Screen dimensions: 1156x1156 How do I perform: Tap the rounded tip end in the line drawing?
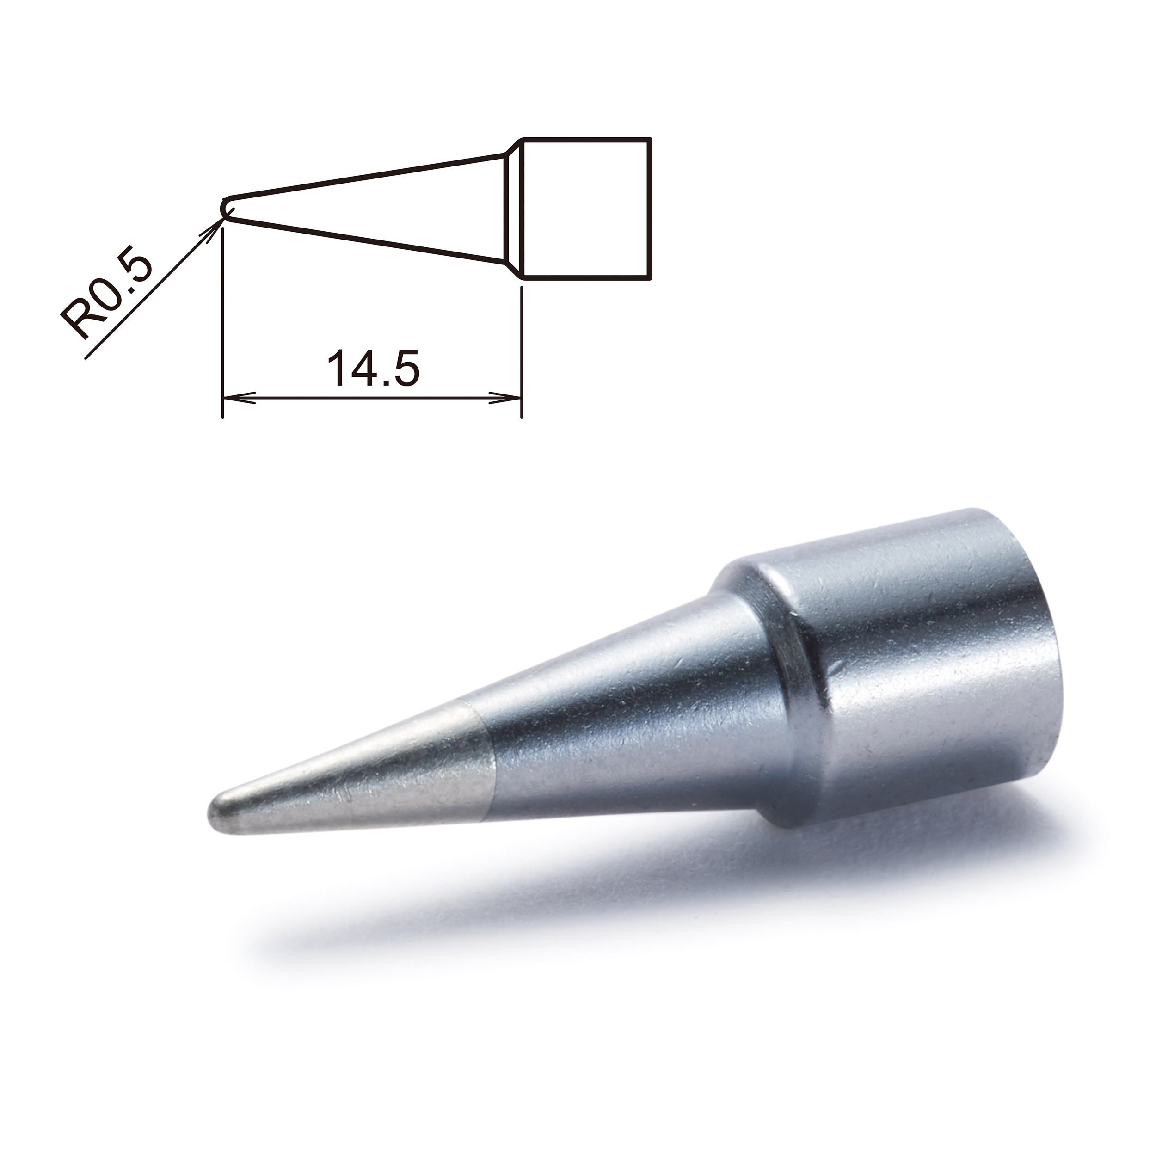click(225, 208)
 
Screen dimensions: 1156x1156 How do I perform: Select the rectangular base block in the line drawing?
click(586, 208)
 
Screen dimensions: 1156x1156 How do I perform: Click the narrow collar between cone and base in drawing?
click(513, 208)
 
